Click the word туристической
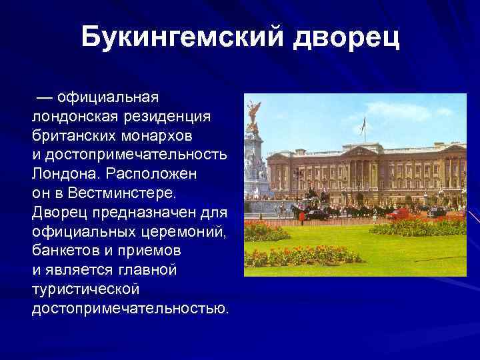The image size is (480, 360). [85, 290]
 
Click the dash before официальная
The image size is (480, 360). [45, 97]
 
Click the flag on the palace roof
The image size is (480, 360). [363, 123]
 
